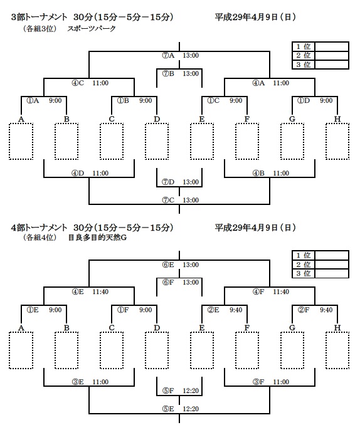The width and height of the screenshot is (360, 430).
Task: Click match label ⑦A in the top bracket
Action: point(168,55)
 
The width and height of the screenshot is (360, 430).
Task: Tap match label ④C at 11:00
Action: point(78,83)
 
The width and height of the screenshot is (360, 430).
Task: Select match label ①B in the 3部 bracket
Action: point(123,101)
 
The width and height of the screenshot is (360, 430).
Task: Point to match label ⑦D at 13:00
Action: point(168,182)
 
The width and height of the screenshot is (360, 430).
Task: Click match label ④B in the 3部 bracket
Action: point(258,173)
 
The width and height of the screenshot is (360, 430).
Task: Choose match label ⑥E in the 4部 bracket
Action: point(168,265)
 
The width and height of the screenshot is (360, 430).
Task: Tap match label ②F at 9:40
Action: point(304,310)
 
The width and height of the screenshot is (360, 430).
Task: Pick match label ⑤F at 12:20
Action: point(168,391)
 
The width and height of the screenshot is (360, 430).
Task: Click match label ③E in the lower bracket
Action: point(78,382)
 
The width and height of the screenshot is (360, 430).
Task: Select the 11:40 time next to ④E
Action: point(100,292)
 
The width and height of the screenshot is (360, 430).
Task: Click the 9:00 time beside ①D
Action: point(326,101)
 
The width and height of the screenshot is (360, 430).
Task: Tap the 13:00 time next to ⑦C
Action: point(191,200)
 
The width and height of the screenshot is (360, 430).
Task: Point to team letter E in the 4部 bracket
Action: point(202,328)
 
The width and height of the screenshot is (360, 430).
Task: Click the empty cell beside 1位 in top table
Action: point(332,46)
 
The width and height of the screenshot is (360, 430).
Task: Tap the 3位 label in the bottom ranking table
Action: point(304,273)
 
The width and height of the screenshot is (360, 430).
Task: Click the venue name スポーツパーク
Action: point(92,29)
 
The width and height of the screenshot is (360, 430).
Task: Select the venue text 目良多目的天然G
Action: point(97,238)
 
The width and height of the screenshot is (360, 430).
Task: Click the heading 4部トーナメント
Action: point(39,228)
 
